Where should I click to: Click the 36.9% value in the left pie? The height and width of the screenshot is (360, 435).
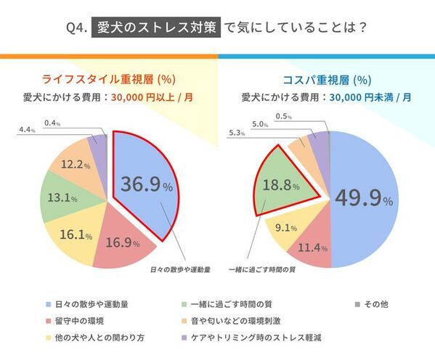147,185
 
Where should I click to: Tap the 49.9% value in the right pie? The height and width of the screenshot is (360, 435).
364,198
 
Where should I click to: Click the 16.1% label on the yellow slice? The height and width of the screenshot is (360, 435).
78,234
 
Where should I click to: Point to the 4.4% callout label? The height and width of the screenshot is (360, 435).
26,129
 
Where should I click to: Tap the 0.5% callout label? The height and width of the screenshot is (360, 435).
284,116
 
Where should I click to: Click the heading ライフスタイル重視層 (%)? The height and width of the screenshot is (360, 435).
109,79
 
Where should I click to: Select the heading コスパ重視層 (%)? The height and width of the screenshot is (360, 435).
326,79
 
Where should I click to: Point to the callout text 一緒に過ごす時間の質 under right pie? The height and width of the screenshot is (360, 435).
259,270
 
